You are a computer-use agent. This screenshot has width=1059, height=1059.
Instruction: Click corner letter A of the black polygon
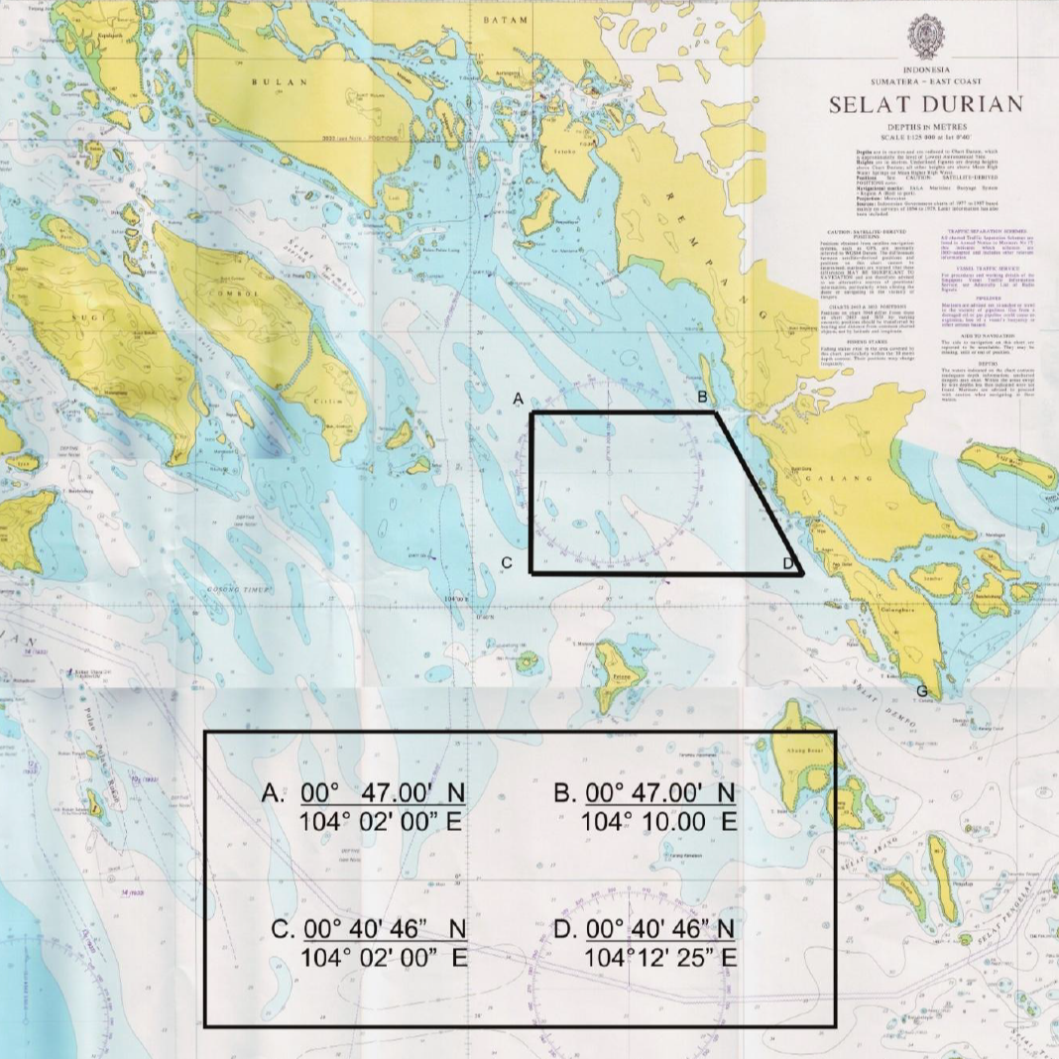(517, 399)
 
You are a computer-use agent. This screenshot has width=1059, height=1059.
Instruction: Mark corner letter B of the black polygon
(702, 397)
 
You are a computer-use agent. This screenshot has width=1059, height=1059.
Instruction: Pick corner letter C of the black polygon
(506, 563)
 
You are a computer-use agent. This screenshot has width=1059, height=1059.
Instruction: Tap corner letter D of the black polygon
(787, 563)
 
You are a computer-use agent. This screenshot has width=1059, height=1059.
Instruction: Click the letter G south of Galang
(922, 691)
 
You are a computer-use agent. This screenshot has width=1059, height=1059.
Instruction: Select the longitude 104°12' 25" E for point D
(660, 958)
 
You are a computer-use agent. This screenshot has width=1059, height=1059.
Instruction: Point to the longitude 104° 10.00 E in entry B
(658, 822)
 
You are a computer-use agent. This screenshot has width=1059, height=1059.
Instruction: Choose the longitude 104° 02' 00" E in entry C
(383, 958)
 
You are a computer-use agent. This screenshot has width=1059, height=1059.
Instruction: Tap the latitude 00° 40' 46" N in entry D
(660, 930)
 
